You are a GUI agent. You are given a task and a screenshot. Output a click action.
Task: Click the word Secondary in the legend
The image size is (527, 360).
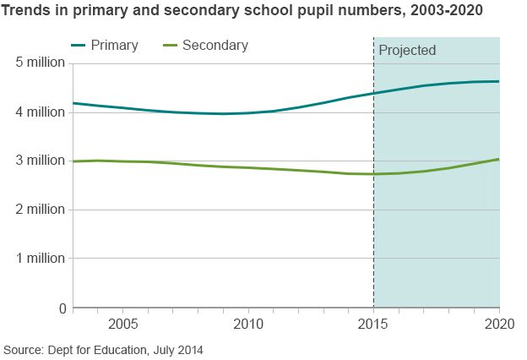(x=215, y=46)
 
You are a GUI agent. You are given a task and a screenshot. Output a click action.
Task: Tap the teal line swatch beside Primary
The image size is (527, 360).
(x=82, y=46)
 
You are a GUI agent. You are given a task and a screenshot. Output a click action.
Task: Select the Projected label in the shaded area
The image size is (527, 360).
(x=407, y=51)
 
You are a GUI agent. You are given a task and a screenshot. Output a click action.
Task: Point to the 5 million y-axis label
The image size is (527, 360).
(x=40, y=63)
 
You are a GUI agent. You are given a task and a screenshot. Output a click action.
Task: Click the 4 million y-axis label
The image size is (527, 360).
(x=40, y=112)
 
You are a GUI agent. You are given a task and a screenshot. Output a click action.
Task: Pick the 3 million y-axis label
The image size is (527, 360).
(x=40, y=161)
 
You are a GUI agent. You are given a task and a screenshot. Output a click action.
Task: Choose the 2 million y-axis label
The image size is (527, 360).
(x=40, y=210)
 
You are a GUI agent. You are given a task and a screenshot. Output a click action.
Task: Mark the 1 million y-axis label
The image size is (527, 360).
(x=40, y=259)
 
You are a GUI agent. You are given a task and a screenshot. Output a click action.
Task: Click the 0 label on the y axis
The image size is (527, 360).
(x=62, y=308)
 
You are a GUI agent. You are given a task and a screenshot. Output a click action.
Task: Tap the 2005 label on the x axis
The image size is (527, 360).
(x=123, y=325)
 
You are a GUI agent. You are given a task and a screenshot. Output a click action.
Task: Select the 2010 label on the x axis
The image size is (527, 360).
(x=248, y=325)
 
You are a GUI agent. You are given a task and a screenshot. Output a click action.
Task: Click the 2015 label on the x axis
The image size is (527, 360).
(x=373, y=325)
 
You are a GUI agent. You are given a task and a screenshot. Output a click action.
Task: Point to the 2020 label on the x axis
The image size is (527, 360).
(x=497, y=325)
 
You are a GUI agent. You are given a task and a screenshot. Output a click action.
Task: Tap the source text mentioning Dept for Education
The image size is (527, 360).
(x=103, y=349)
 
